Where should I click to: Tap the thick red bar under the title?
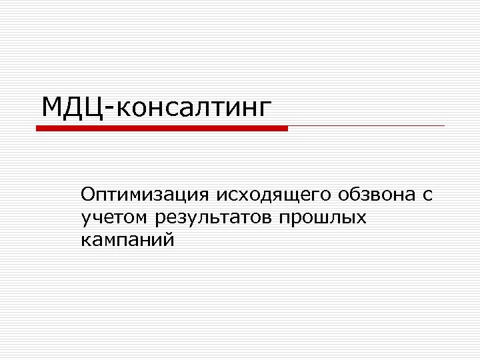[x=162, y=128]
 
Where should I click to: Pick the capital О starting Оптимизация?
[x=88, y=195]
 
